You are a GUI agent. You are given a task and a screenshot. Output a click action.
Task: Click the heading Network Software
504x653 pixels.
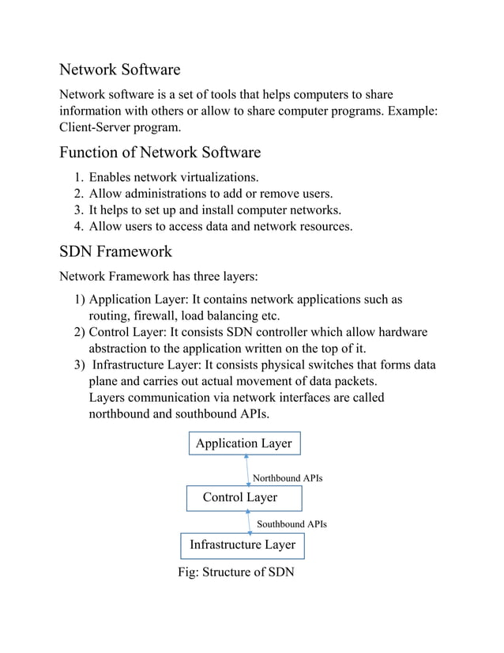pyautogui.click(x=120, y=70)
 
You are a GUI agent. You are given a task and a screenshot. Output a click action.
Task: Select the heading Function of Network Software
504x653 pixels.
pyautogui.click(x=160, y=151)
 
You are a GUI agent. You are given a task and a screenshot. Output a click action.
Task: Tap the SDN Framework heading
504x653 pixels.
pyautogui.click(x=115, y=251)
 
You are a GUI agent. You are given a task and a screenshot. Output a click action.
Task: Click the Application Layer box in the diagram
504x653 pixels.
pyautogui.click(x=243, y=444)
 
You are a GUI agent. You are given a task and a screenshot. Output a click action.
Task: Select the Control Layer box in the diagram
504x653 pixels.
pyautogui.click(x=243, y=497)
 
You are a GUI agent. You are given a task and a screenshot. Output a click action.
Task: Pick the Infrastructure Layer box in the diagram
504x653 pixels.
pyautogui.click(x=243, y=545)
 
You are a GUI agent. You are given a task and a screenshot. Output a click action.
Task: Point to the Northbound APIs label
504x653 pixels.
pyautogui.click(x=287, y=478)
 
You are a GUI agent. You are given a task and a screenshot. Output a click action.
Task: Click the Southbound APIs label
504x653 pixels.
pyautogui.click(x=291, y=524)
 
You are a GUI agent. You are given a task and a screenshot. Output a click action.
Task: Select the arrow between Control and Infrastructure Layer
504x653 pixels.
pyautogui.click(x=250, y=522)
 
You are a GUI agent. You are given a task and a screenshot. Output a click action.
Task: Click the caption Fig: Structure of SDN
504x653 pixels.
pyautogui.click(x=237, y=572)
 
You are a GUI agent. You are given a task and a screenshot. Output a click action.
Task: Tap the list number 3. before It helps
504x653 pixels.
pyautogui.click(x=79, y=210)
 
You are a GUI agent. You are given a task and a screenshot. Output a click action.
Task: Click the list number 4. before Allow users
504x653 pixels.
pyautogui.click(x=79, y=227)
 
